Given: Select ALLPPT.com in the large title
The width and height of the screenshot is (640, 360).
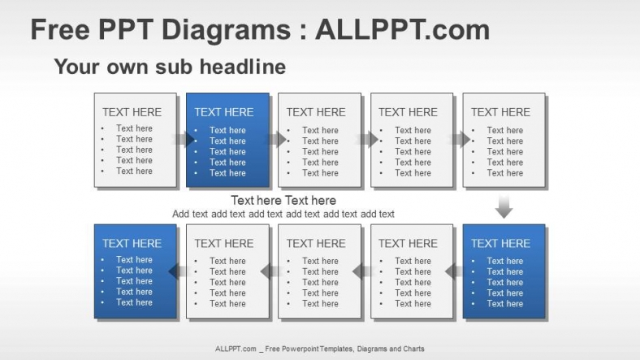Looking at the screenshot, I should coord(402,30).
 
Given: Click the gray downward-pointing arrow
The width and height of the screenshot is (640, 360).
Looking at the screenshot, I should coord(504,206).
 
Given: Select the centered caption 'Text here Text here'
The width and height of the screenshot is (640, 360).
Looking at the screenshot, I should coord(283,201).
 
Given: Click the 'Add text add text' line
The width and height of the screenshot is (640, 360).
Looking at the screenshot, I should coord(283,215).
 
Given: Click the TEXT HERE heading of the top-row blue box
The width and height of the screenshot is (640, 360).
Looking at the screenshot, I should coord(224,112).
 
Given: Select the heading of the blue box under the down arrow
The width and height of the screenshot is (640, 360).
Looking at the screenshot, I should coord(500,243).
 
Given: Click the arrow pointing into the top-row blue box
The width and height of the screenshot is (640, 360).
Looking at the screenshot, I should coord(183,139).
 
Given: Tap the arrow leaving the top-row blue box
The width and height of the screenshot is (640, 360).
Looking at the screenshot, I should coord(275,139).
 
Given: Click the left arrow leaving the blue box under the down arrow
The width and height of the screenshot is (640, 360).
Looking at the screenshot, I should coord(453,271).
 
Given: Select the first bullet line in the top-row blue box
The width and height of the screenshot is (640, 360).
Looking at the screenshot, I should coord(227,130).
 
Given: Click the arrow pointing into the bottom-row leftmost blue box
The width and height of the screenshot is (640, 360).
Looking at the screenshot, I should coord(177,271).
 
